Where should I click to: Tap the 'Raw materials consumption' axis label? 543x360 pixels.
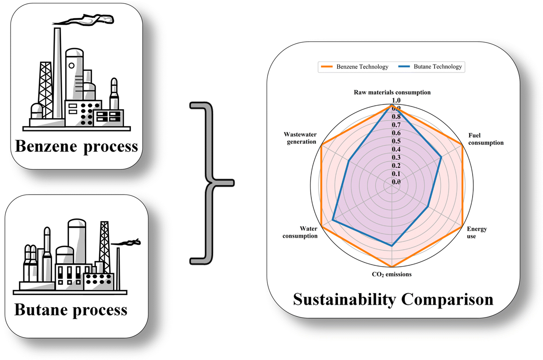(392, 92)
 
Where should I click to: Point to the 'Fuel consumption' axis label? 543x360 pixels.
(485, 139)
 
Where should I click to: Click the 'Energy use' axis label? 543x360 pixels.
(476, 233)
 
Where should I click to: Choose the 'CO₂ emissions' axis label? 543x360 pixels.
(392, 275)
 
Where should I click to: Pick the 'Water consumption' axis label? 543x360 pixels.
(300, 232)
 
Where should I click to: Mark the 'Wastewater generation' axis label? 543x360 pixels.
(300, 138)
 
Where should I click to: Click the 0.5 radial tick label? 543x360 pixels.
(396, 141)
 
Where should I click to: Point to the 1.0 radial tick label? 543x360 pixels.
(396, 100)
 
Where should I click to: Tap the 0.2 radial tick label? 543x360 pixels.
(396, 166)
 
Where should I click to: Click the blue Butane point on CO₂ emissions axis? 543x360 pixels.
(392, 246)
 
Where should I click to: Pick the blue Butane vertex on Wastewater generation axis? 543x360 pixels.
(349, 161)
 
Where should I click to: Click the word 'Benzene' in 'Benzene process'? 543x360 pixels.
(46, 146)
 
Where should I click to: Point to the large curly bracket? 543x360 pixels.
(210, 183)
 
